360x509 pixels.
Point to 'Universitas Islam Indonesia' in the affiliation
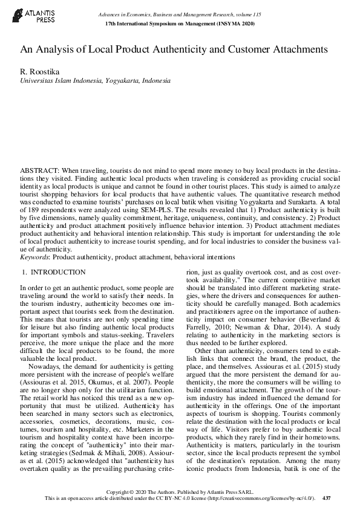coord(60,80)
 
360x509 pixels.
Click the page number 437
coord(327,498)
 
